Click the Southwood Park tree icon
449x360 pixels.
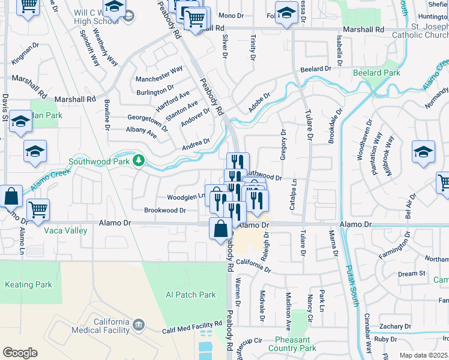(x=139, y=160)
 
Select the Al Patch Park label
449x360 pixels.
(x=190, y=295)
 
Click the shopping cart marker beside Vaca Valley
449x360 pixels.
(x=38, y=209)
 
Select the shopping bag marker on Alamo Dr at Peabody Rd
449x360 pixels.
(x=220, y=229)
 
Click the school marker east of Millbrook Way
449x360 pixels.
(x=423, y=152)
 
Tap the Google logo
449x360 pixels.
(x=20, y=353)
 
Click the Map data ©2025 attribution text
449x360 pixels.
(x=423, y=355)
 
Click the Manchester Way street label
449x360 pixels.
(x=159, y=74)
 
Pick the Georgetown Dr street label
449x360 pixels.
(x=148, y=120)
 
